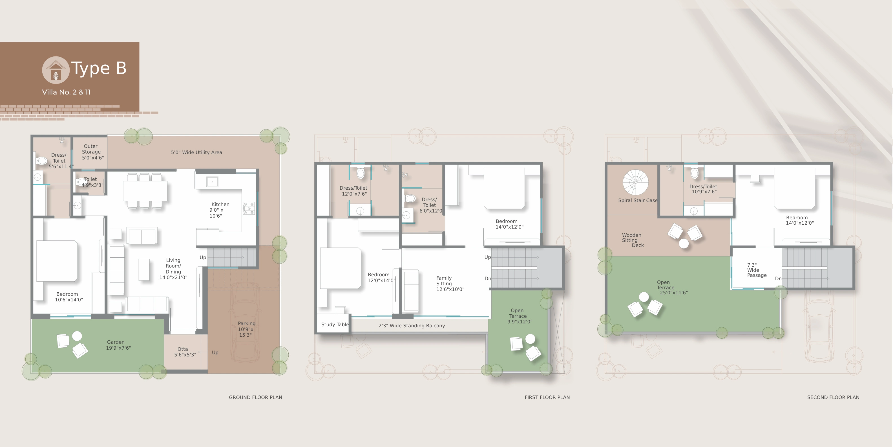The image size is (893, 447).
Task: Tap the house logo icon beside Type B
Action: (x=56, y=70)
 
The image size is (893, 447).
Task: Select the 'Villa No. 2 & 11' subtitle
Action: (x=66, y=92)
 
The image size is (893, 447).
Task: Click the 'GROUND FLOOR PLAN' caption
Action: (x=255, y=397)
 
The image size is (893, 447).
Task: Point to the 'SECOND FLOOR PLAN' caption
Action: (x=833, y=397)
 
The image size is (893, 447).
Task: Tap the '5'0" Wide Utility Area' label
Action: (x=196, y=152)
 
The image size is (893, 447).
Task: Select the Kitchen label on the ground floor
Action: (x=219, y=210)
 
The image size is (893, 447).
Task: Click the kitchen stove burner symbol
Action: (x=249, y=208)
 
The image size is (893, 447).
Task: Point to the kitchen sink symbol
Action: (x=212, y=181)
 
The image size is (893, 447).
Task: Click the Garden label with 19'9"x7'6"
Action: (x=118, y=345)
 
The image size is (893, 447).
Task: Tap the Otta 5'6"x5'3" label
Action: (x=185, y=352)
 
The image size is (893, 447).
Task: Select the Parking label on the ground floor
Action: (x=246, y=329)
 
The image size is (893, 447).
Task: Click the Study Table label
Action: (x=335, y=325)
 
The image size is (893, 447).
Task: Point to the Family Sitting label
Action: (x=450, y=284)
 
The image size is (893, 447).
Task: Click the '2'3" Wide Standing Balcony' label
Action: (x=412, y=326)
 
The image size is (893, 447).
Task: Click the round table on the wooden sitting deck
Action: (x=684, y=244)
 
